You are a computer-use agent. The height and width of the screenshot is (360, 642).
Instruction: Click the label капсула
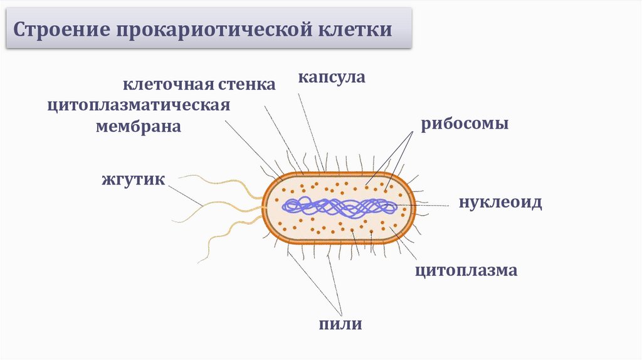[331, 78]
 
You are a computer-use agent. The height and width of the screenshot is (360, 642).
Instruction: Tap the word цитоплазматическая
[139, 105]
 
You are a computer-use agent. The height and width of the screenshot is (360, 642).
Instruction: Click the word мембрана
[139, 126]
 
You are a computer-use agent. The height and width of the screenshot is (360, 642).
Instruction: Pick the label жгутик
[134, 180]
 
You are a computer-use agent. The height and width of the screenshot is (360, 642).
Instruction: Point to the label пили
[340, 324]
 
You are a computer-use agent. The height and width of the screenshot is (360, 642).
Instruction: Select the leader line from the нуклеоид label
[433, 205]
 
